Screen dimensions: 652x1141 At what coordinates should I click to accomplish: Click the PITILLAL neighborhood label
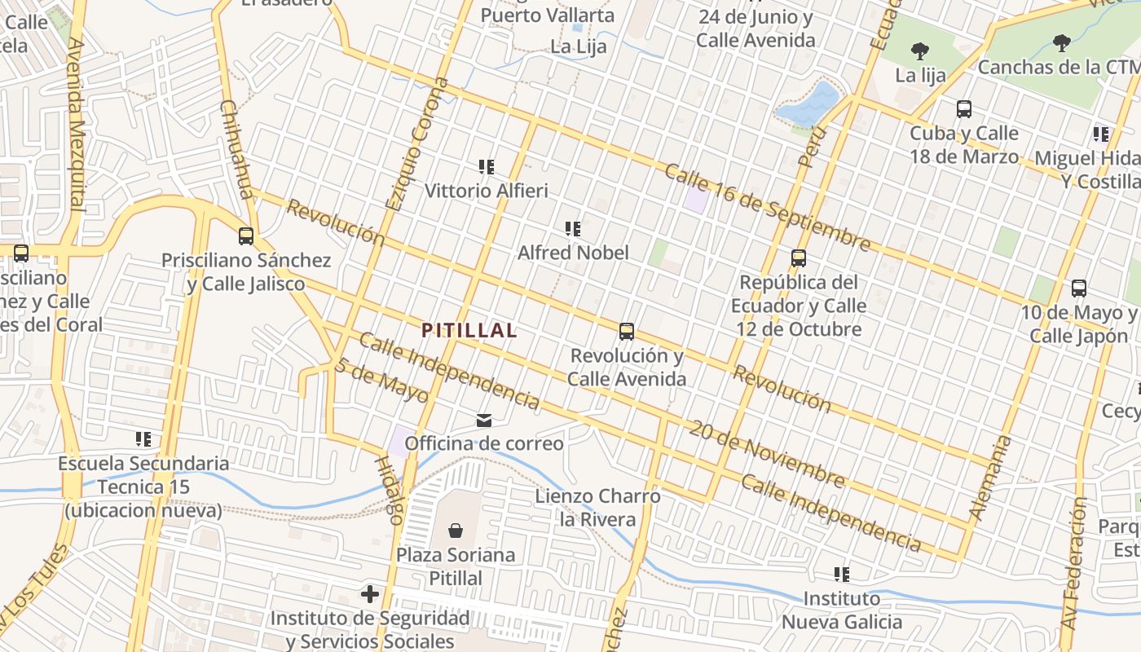click(x=469, y=330)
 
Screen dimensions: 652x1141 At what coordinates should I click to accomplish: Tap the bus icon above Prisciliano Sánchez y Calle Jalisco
click(x=245, y=236)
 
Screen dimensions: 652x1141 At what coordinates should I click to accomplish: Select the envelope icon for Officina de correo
click(x=484, y=421)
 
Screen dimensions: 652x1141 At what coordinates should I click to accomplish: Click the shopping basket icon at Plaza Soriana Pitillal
click(x=456, y=531)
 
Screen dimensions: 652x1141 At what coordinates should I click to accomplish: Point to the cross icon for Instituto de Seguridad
click(x=370, y=594)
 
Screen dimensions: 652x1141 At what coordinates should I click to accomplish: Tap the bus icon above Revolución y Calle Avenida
click(x=626, y=332)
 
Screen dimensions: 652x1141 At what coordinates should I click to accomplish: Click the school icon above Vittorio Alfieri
click(x=487, y=167)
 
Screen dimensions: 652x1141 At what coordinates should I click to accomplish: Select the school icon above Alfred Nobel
click(x=573, y=229)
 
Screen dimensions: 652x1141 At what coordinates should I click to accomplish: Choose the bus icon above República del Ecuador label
click(x=798, y=258)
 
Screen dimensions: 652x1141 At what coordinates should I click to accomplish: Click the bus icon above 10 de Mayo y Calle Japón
click(x=1078, y=288)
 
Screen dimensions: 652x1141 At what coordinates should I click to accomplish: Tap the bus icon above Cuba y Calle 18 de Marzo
click(x=963, y=109)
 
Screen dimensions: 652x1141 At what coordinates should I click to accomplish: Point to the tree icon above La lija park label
click(x=919, y=51)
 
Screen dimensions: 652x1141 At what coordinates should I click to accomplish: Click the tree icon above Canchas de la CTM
click(x=1060, y=42)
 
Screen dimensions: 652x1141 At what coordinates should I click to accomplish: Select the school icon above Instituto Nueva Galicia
click(x=842, y=575)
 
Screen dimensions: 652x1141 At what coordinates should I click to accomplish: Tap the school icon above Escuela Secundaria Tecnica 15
click(x=143, y=439)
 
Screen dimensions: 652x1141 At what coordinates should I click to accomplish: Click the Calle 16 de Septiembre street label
click(x=767, y=207)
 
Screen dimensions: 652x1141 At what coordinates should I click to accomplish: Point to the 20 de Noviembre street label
click(x=765, y=453)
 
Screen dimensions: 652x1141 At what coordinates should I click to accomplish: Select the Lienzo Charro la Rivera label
click(x=597, y=507)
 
